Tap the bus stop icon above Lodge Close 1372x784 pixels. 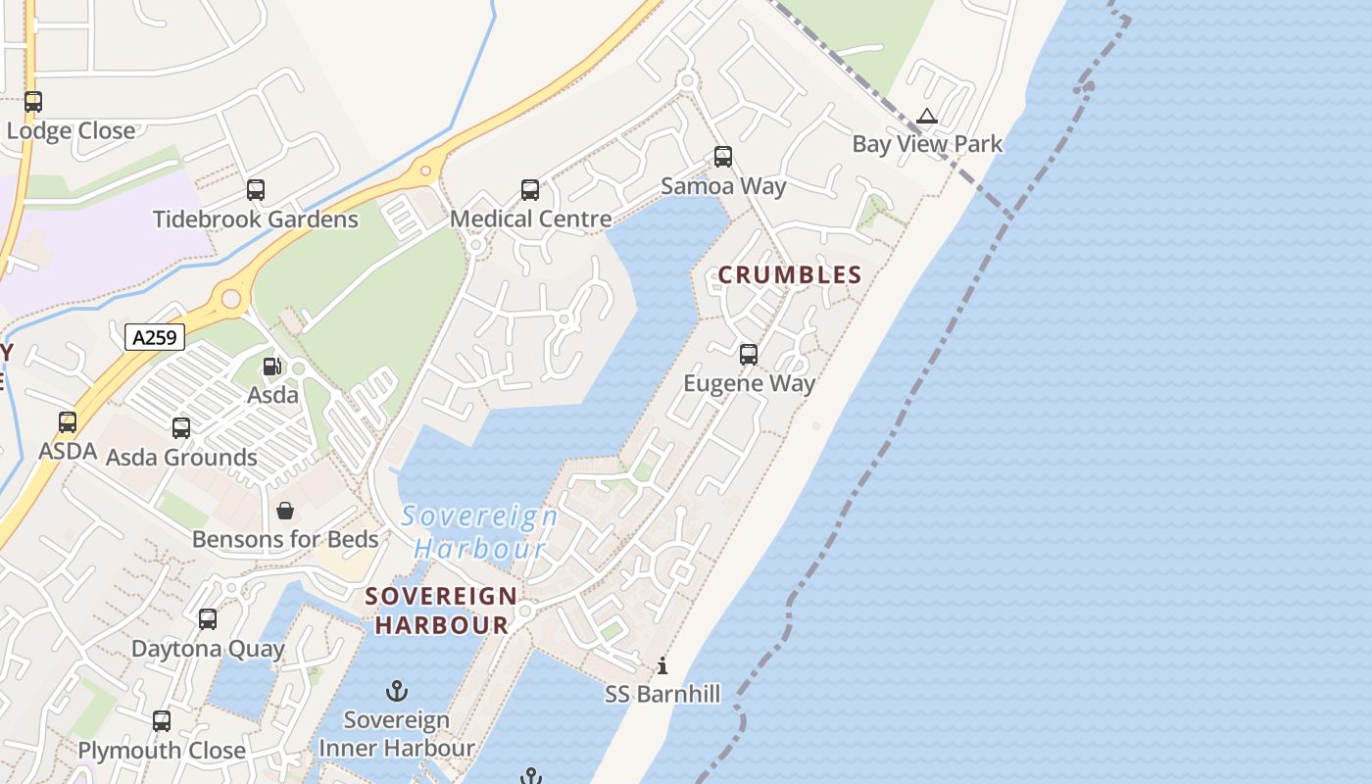pos(33,102)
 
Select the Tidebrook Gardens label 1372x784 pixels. pos(256,219)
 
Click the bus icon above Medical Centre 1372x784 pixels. pos(530,190)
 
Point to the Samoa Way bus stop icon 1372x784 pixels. pos(723,157)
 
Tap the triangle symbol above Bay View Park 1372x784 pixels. pos(927,117)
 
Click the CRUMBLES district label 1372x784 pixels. pos(790,275)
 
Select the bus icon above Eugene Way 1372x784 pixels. pos(749,355)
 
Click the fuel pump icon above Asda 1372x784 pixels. pos(271,367)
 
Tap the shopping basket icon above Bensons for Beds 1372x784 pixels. pos(285,511)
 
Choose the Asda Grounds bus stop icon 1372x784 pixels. pos(181,428)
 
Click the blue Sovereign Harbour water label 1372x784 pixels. pos(479,532)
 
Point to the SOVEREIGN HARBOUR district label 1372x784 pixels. pos(441,610)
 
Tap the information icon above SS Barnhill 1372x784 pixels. pos(662,666)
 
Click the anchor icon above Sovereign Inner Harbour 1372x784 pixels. pos(397,691)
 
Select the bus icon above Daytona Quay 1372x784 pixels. pos(208,619)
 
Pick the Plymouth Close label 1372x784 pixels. pos(162,751)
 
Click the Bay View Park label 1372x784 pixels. pos(927,144)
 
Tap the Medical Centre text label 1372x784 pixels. pos(530,219)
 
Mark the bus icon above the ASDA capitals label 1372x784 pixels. pos(68,422)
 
